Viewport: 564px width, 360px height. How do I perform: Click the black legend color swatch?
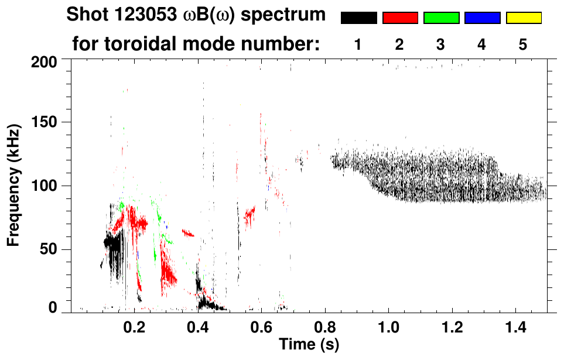click(x=359, y=18)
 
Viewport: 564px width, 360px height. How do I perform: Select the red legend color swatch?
click(x=400, y=18)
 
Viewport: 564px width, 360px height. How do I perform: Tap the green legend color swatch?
click(x=441, y=18)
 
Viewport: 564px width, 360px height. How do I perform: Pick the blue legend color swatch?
click(x=482, y=18)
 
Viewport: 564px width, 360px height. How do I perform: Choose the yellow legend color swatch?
click(x=524, y=18)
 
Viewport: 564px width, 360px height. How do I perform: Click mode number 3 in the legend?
click(x=441, y=45)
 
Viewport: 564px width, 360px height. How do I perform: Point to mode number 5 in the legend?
click(x=523, y=45)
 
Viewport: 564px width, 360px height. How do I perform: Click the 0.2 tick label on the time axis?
click(x=135, y=326)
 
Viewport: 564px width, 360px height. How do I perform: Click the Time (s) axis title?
click(x=309, y=344)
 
